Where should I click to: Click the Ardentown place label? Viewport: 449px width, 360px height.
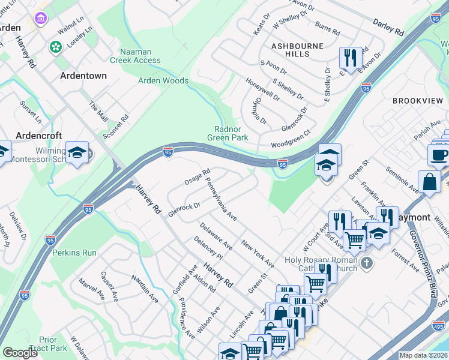pyautogui.click(x=83, y=76)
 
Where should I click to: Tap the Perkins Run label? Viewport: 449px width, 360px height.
pyautogui.click(x=74, y=253)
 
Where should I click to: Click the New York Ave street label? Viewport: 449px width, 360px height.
pyautogui.click(x=258, y=254)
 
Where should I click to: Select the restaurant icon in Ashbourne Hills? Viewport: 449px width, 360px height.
pyautogui.click(x=349, y=58)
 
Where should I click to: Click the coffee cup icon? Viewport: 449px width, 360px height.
pyautogui.click(x=439, y=155)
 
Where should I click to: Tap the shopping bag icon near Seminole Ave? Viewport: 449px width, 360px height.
pyautogui.click(x=429, y=181)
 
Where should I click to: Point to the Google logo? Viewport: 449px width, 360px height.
pyautogui.click(x=20, y=353)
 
